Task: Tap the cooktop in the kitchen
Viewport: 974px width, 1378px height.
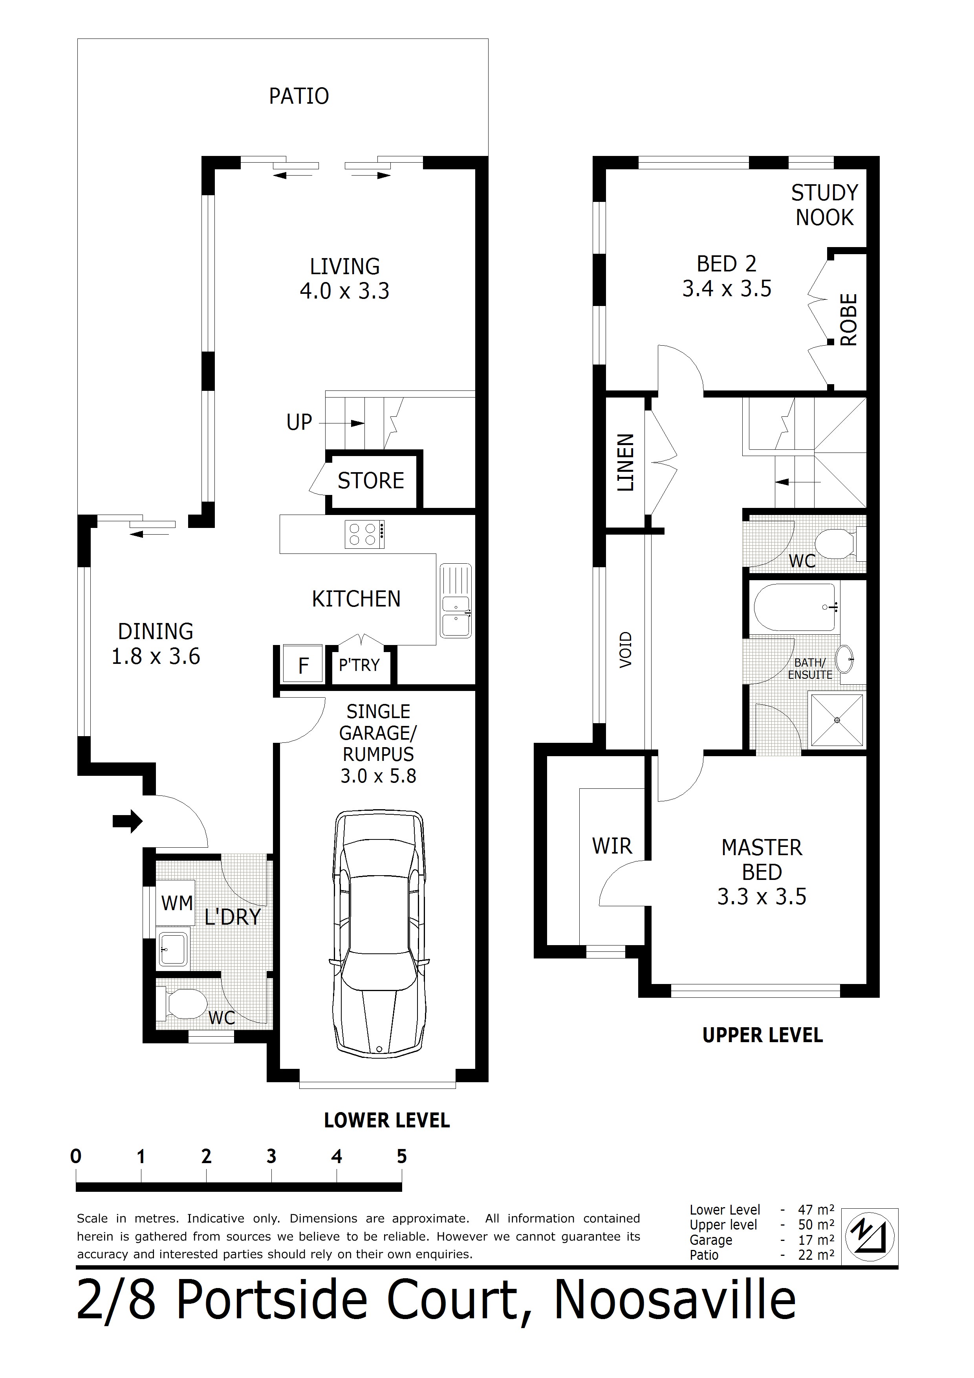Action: pos(364,534)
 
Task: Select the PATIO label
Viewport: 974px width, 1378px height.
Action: pos(299,96)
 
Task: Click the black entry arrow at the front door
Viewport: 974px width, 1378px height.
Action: pos(128,821)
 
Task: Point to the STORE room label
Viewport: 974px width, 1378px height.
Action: pos(371,481)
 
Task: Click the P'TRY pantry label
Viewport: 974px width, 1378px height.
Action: pos(359,665)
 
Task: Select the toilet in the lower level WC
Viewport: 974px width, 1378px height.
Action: pos(183,1004)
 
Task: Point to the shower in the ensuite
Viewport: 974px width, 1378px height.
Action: pos(837,720)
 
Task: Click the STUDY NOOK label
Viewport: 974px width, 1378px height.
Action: pos(825,205)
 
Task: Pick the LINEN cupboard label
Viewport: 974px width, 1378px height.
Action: pos(625,463)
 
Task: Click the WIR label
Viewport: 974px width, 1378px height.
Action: pos(612,846)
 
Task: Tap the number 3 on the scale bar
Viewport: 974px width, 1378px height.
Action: pos(271,1156)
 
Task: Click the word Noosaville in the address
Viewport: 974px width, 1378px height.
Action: pos(675,1300)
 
